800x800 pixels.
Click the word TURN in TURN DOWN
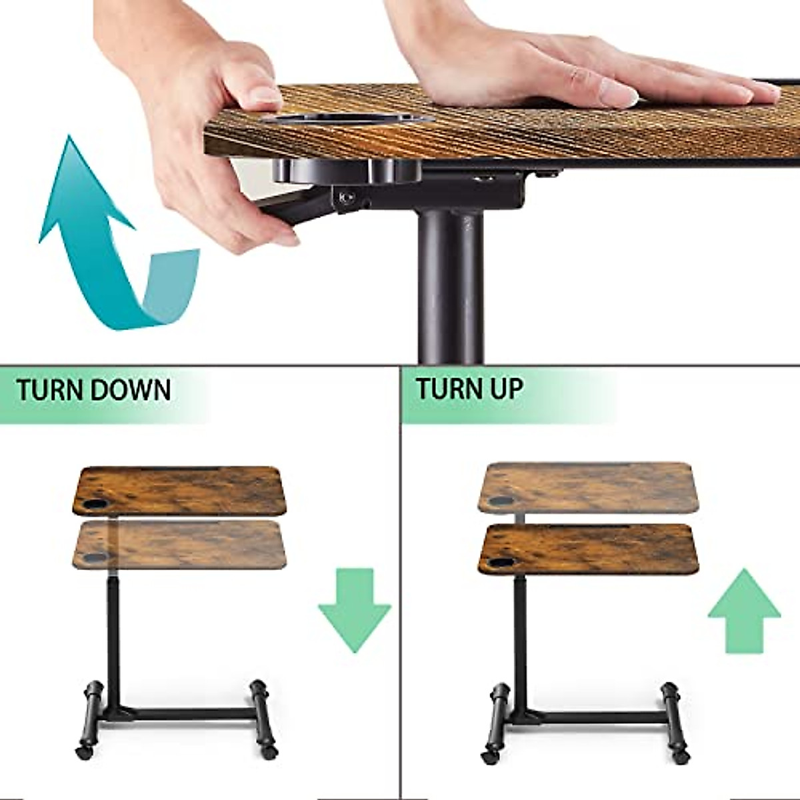(x=49, y=390)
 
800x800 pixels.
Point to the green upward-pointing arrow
(x=744, y=610)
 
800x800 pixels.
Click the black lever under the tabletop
(x=300, y=207)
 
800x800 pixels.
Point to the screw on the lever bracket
(x=345, y=197)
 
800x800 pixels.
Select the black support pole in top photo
(x=450, y=287)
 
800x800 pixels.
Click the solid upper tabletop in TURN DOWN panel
(x=180, y=490)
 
